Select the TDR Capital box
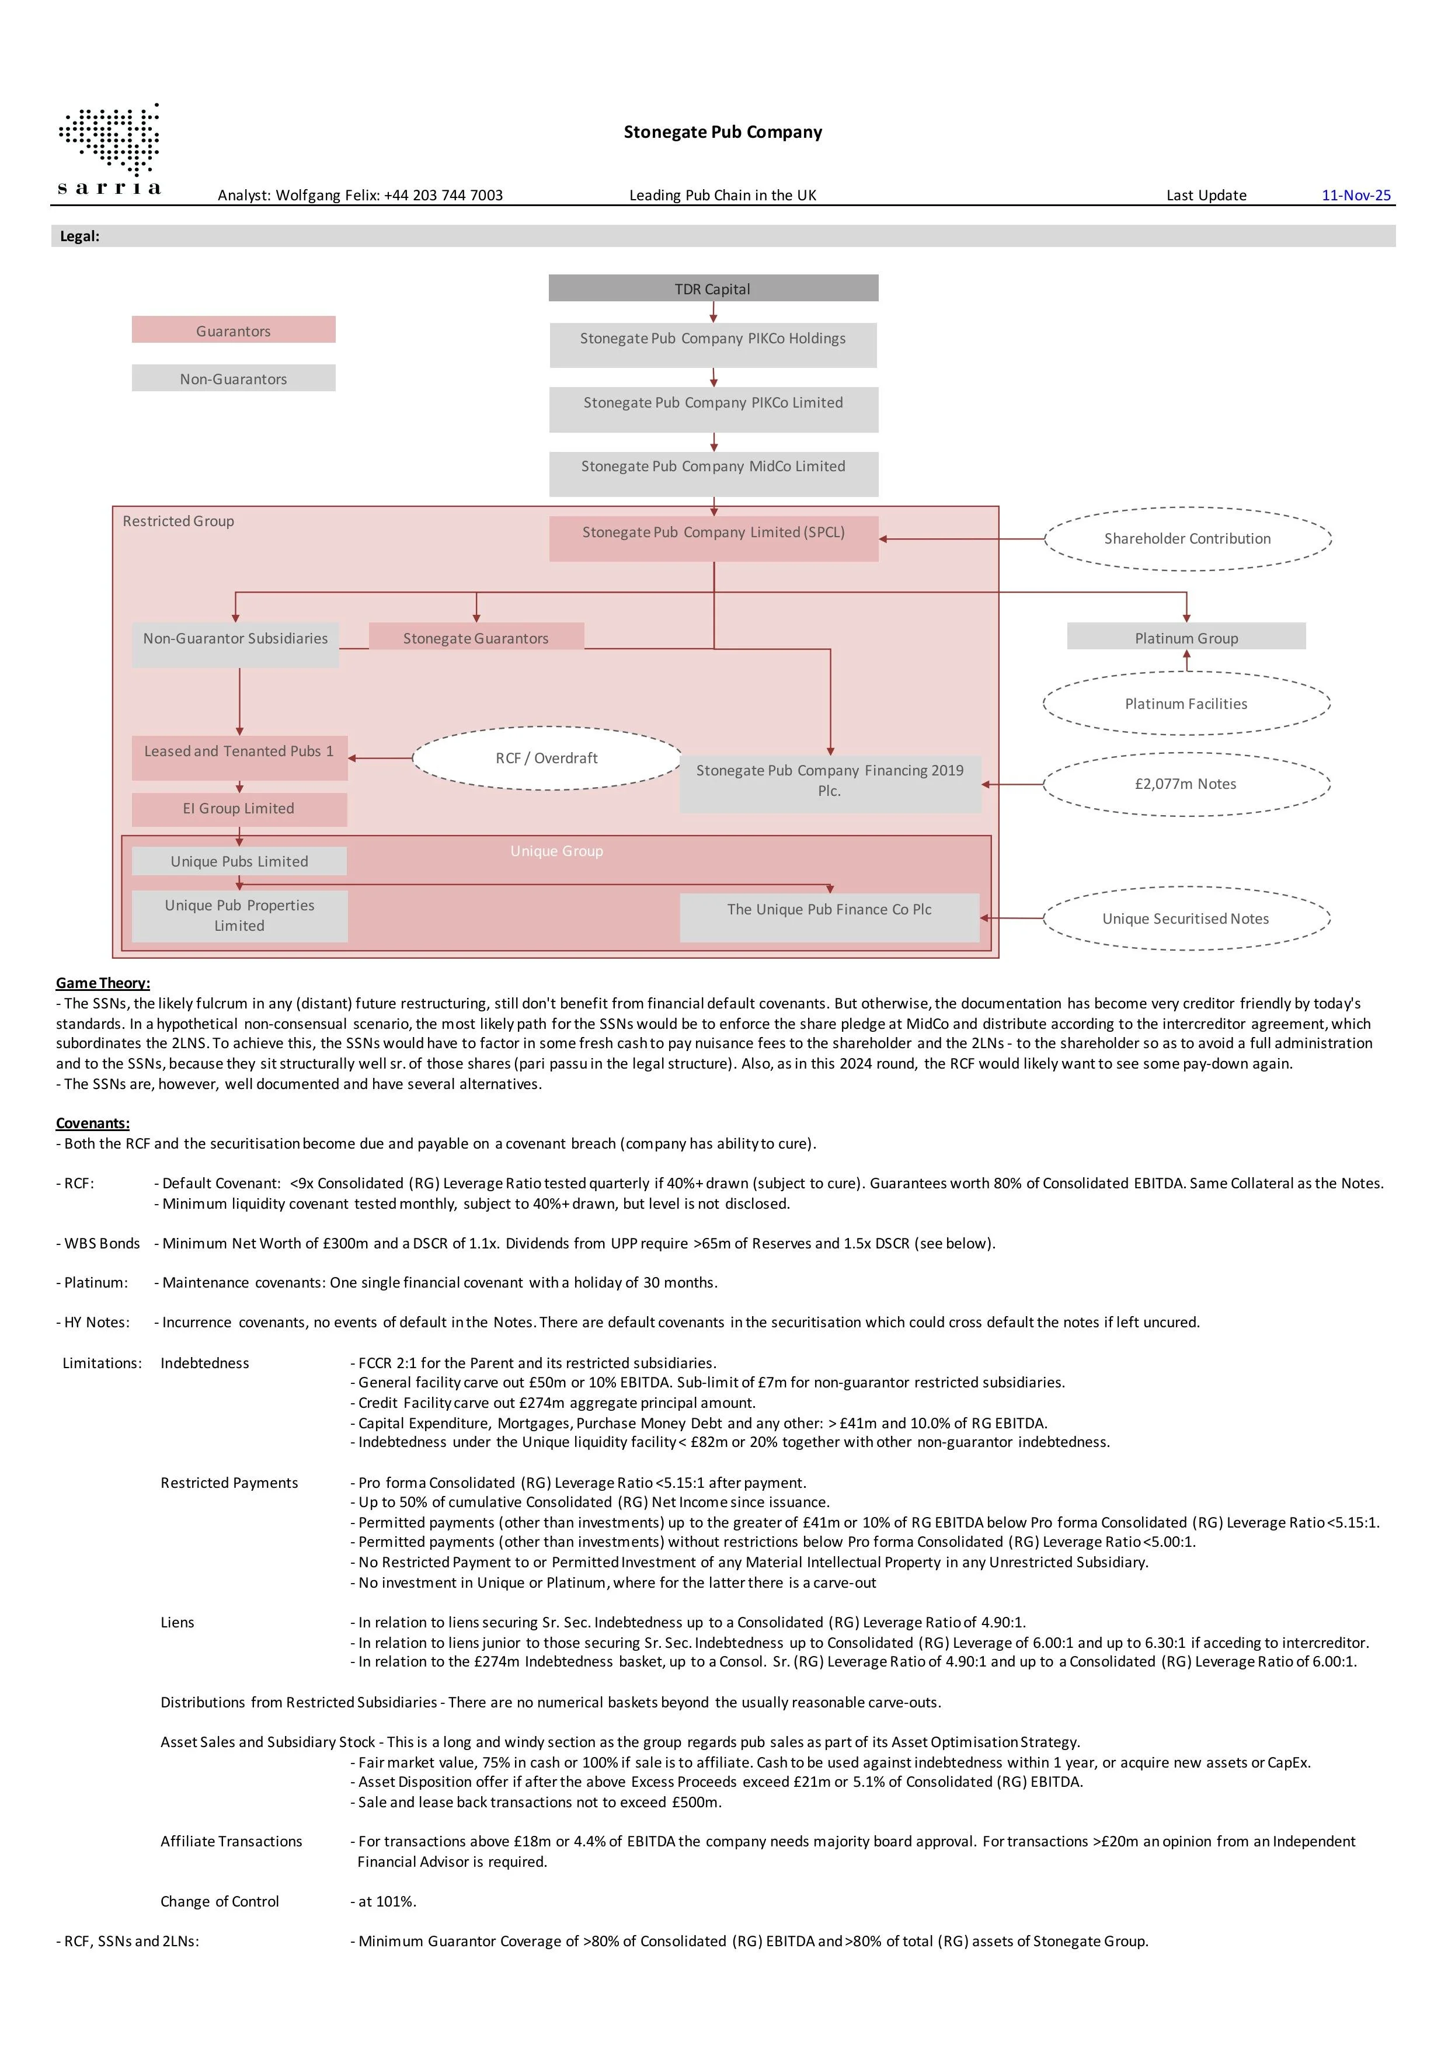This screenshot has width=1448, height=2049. (x=713, y=288)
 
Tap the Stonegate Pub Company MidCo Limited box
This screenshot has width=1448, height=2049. (x=713, y=474)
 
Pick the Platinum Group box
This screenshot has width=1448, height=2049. (x=1186, y=636)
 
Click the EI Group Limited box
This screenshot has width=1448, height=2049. (x=239, y=809)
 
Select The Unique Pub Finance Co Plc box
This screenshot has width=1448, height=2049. (x=829, y=917)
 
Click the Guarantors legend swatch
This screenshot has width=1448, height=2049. (x=234, y=329)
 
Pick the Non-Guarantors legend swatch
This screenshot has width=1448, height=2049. (x=234, y=377)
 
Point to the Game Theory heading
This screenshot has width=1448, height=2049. (x=103, y=983)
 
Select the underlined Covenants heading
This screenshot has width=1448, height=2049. (x=93, y=1123)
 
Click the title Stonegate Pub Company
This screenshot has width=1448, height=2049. (x=723, y=132)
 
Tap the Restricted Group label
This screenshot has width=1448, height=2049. (x=179, y=521)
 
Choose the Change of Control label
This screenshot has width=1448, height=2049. (x=220, y=1902)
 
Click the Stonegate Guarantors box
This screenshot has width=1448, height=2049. (x=476, y=636)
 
